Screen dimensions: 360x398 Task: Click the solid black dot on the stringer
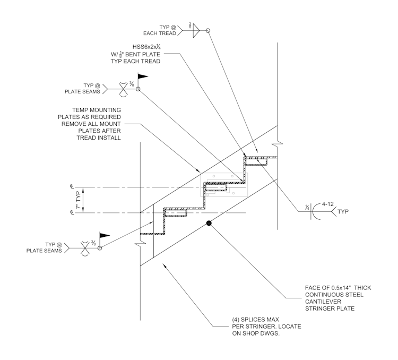click(x=209, y=224)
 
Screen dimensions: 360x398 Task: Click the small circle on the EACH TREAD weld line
click(x=208, y=31)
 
